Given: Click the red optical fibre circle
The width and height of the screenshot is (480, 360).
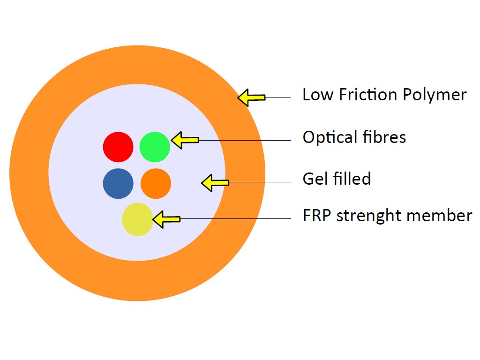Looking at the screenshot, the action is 118,147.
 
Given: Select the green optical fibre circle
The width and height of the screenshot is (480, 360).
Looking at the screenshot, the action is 155,147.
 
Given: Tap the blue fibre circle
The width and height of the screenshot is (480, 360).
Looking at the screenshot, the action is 118,183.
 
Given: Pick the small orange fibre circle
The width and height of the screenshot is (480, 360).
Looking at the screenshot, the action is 156,183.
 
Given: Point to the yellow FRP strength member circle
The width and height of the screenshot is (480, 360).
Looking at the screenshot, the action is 137,219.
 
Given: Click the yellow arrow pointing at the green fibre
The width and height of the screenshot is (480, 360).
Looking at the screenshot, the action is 185,140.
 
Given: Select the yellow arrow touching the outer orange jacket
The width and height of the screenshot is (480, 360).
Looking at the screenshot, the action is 251,97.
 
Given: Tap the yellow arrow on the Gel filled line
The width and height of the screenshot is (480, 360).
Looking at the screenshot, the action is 215,183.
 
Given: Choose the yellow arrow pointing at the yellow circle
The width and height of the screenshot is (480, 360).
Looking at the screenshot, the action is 166,219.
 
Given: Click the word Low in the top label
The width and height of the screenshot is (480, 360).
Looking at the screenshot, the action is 318,95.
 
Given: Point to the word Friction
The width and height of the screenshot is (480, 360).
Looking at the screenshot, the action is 368,94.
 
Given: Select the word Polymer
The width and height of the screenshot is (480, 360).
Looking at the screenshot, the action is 435,95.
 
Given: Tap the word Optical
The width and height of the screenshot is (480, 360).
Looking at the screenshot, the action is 330,137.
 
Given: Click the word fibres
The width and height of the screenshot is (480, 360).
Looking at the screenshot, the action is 384,137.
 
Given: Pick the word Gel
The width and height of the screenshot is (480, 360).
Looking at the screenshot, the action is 315,179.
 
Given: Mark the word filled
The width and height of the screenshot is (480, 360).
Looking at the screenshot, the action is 352,179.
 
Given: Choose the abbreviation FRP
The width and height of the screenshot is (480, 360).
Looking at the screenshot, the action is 317,216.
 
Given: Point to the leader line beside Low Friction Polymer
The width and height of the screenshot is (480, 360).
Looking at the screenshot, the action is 278,97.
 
